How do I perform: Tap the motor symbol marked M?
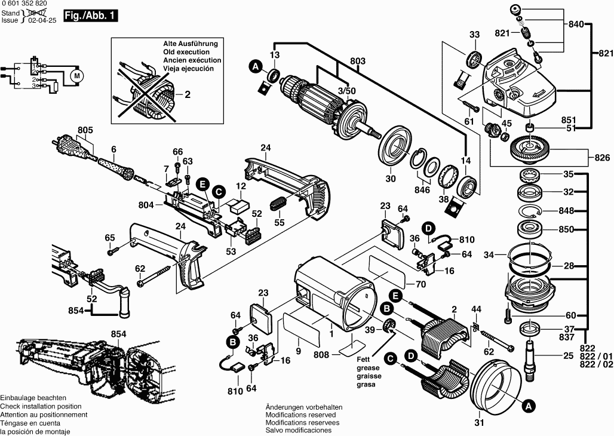click(x=76, y=76)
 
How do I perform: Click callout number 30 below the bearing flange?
click(x=390, y=178)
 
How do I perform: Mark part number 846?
click(x=423, y=189)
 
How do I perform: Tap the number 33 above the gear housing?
click(x=474, y=35)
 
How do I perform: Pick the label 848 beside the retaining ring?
click(x=566, y=211)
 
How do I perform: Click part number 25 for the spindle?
click(x=568, y=357)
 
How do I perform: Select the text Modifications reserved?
click(x=300, y=414)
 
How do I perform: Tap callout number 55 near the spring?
click(x=279, y=222)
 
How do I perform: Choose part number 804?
click(x=147, y=205)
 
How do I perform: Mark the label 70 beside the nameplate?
click(x=420, y=284)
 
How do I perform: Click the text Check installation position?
click(x=42, y=406)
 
